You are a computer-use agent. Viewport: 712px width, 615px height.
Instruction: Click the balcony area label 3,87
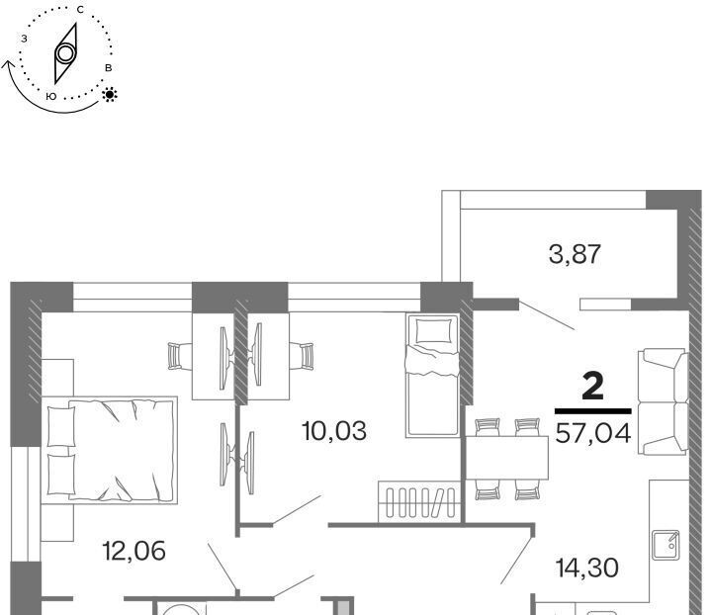[x=575, y=254]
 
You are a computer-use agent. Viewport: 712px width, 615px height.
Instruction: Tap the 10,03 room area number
[x=334, y=431]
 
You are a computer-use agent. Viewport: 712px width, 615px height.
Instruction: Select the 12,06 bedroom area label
[x=133, y=551]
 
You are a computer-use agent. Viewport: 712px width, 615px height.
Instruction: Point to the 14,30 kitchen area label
[x=586, y=568]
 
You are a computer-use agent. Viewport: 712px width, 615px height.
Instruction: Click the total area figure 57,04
[x=593, y=433]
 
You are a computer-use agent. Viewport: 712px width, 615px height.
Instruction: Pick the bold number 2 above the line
[x=592, y=389]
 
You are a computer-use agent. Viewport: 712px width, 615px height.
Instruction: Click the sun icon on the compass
[x=110, y=94]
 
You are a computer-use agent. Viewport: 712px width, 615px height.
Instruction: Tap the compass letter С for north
[x=80, y=10]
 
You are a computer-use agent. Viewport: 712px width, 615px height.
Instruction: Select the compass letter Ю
[x=51, y=97]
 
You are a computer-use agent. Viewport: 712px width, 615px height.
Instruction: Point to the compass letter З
[x=24, y=39]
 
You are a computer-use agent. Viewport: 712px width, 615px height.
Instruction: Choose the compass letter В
[x=108, y=68]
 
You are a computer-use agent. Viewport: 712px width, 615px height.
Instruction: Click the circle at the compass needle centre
[x=66, y=53]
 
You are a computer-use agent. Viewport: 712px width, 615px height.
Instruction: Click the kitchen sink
[x=666, y=545]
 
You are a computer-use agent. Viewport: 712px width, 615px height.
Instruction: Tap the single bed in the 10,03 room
[x=432, y=376]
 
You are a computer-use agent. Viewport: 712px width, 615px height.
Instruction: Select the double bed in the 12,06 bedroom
[x=109, y=450]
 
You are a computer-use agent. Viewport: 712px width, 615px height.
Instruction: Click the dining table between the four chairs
[x=506, y=458]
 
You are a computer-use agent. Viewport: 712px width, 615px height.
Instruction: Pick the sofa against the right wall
[x=664, y=401]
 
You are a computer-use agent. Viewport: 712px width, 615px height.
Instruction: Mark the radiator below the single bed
[x=418, y=501]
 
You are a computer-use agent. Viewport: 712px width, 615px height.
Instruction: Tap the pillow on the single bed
[x=434, y=330]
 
